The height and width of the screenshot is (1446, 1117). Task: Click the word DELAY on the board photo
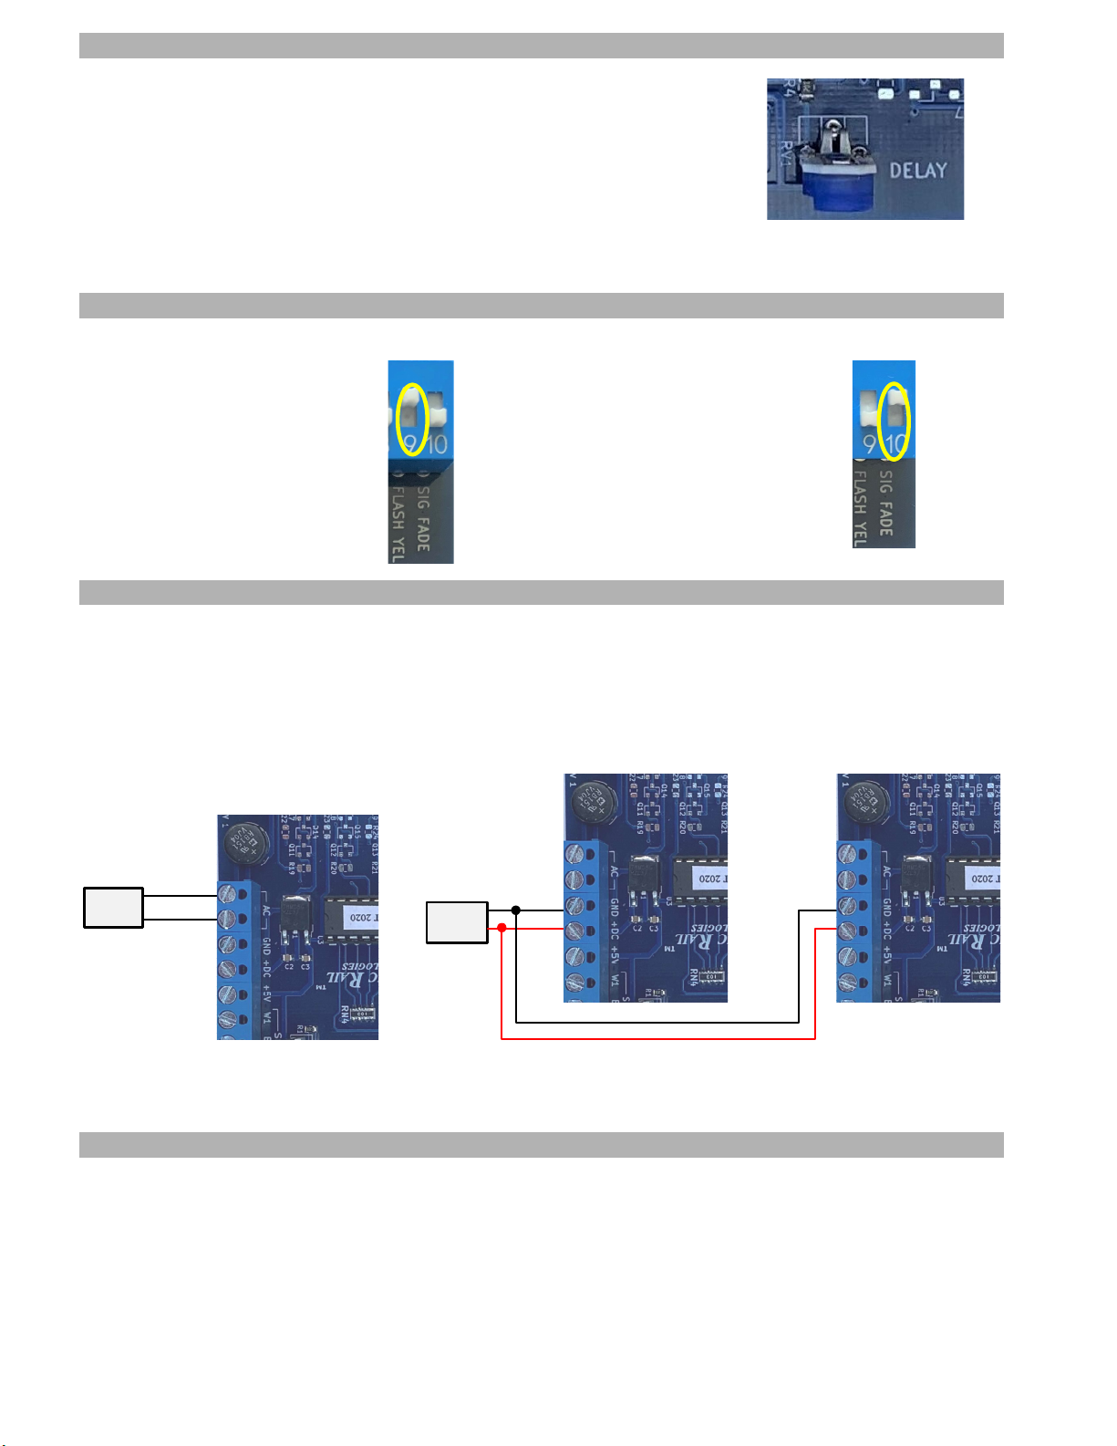(917, 171)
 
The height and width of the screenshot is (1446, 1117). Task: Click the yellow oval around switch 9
(413, 420)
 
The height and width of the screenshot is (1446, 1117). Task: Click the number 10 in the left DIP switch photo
(438, 445)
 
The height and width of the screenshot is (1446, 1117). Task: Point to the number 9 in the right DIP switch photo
(869, 445)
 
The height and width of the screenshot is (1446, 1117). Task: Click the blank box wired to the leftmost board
(113, 907)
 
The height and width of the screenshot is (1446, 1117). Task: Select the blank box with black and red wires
(457, 922)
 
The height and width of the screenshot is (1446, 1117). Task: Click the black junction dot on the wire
(516, 910)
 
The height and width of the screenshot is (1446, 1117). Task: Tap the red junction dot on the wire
(502, 928)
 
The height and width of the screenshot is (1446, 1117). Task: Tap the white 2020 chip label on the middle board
(708, 878)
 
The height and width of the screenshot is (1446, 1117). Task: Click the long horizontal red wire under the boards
(657, 1038)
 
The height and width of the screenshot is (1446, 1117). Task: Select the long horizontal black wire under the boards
(657, 1022)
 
